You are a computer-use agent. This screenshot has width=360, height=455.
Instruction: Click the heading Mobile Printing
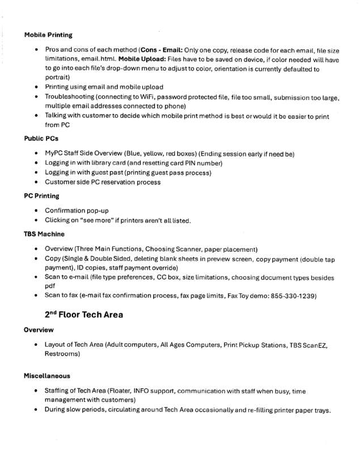(48, 35)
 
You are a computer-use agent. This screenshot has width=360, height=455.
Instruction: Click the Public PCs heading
(41, 138)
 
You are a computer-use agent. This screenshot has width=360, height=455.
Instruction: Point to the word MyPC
(54, 154)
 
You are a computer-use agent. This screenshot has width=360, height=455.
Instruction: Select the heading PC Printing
(41, 196)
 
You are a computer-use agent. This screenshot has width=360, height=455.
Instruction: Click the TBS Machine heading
(44, 234)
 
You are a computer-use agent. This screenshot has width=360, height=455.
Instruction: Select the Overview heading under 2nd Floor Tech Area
(39, 330)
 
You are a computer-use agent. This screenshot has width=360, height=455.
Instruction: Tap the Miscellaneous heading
(48, 376)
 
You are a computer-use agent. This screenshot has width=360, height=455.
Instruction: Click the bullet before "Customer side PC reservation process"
(36, 182)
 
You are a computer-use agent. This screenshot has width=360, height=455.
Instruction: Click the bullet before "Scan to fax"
(36, 296)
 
